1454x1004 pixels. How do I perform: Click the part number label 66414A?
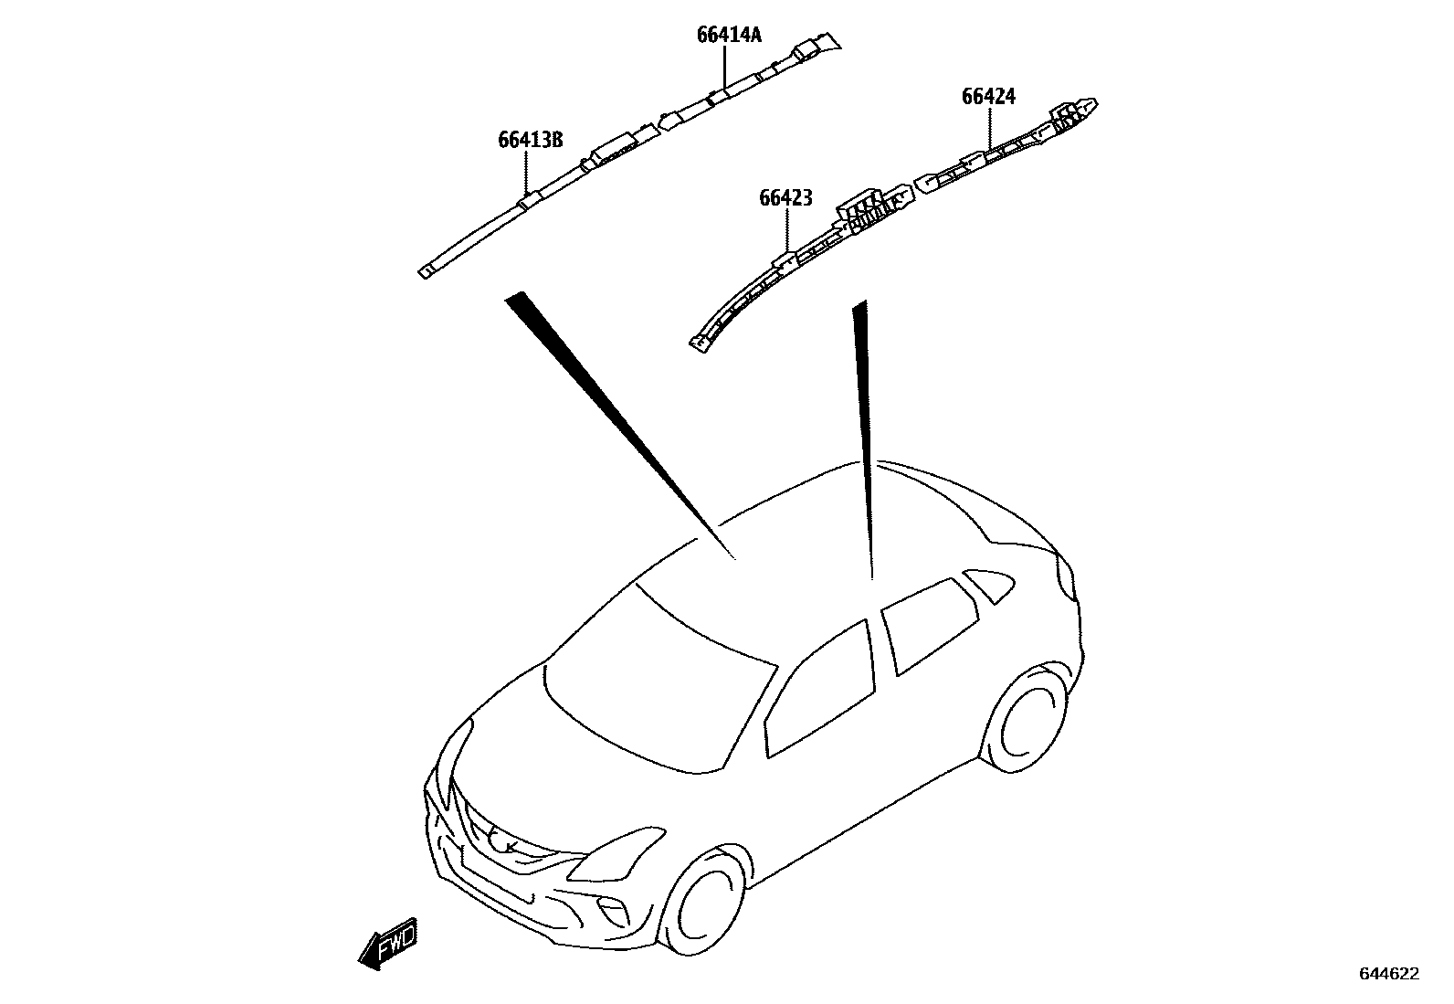(x=728, y=36)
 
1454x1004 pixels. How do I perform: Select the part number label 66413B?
(x=529, y=140)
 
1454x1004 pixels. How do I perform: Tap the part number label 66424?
(x=987, y=96)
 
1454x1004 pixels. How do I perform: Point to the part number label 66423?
(x=785, y=197)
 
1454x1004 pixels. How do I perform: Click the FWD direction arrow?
(x=388, y=943)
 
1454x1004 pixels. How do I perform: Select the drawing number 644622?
(x=1388, y=974)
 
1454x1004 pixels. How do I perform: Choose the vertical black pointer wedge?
(x=863, y=429)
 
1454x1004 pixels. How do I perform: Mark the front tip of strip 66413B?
(x=427, y=271)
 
